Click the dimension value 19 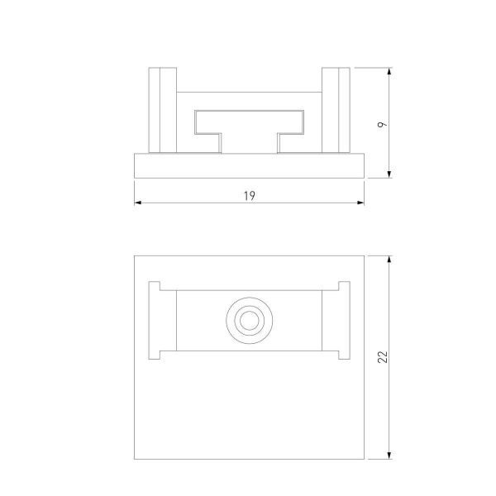click(249, 195)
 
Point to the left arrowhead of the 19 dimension click(138, 203)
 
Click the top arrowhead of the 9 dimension click(389, 72)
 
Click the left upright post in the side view click(161, 109)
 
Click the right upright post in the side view click(336, 109)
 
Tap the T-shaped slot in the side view click(248, 124)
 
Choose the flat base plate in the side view click(248, 165)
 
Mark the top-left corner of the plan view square click(134, 255)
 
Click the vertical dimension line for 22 click(389, 397)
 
